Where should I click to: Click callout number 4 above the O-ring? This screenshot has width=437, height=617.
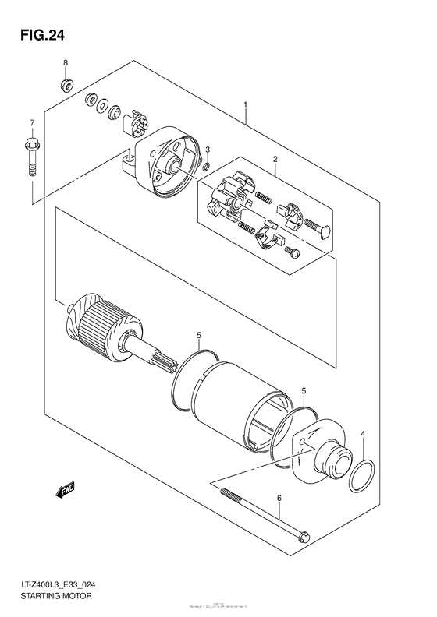362,435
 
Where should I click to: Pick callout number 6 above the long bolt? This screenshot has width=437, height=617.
279,497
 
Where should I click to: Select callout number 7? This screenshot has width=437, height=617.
32,123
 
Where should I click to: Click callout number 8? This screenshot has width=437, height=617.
66,62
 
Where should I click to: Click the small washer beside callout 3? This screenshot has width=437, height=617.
205,166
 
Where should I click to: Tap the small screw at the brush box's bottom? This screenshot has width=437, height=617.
292,251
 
